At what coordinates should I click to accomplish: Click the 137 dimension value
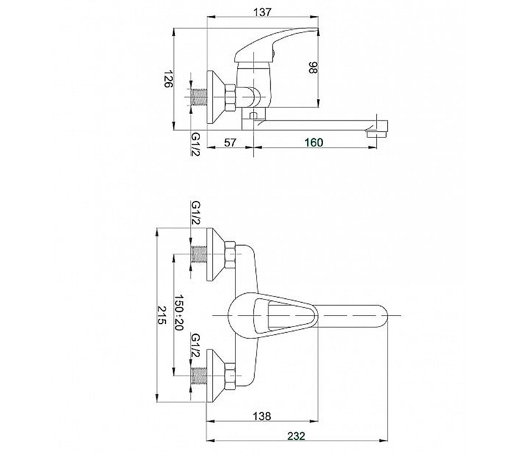pyautogui.click(x=262, y=12)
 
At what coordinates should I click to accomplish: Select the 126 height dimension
pyautogui.click(x=169, y=79)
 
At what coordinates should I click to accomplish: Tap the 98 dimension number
pyautogui.click(x=313, y=68)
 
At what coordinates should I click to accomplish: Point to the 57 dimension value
pyautogui.click(x=230, y=142)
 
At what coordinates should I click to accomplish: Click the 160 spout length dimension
pyautogui.click(x=313, y=142)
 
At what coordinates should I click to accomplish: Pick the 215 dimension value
pyautogui.click(x=161, y=315)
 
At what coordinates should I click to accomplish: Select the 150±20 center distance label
pyautogui.click(x=179, y=312)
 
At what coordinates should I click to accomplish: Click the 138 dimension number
pyautogui.click(x=262, y=416)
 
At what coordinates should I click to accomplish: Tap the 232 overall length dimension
pyautogui.click(x=296, y=436)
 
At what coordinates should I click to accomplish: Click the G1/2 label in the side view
pyautogui.click(x=196, y=144)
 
